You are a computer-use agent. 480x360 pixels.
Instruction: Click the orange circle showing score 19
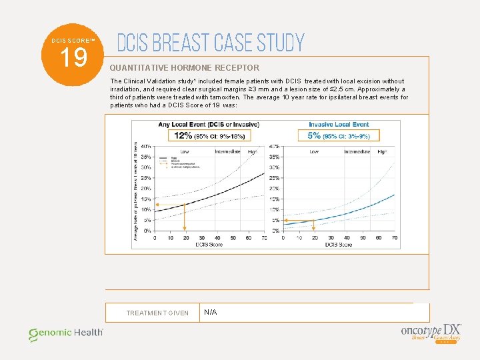point(73,57)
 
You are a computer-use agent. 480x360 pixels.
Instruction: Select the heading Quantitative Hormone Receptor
point(185,68)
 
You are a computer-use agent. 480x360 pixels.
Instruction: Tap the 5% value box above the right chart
point(339,135)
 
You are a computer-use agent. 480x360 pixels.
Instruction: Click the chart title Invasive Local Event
point(339,124)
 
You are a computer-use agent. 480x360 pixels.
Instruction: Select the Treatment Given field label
point(157,313)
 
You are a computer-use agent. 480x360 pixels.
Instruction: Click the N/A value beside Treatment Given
point(211,312)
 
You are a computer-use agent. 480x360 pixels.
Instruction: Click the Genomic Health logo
point(65,333)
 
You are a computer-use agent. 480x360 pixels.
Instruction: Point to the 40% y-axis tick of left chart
point(145,146)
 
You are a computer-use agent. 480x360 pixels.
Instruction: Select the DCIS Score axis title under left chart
point(209,245)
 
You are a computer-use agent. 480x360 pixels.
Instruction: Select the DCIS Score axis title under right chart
point(339,245)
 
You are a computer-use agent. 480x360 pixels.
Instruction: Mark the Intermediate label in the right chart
point(358,152)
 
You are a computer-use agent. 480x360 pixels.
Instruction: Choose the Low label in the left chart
point(185,152)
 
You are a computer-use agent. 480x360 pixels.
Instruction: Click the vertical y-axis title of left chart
point(136,190)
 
